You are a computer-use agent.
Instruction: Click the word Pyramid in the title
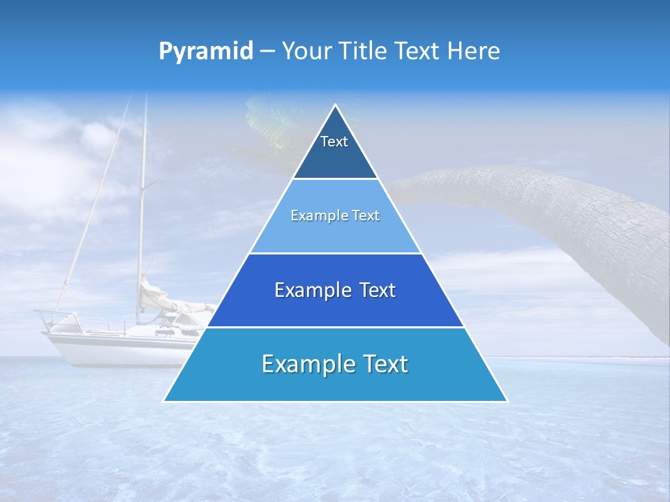point(206,52)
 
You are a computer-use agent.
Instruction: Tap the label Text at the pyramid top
point(334,142)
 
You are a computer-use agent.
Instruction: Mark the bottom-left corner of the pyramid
point(165,400)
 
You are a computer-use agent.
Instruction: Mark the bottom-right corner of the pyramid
point(506,400)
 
